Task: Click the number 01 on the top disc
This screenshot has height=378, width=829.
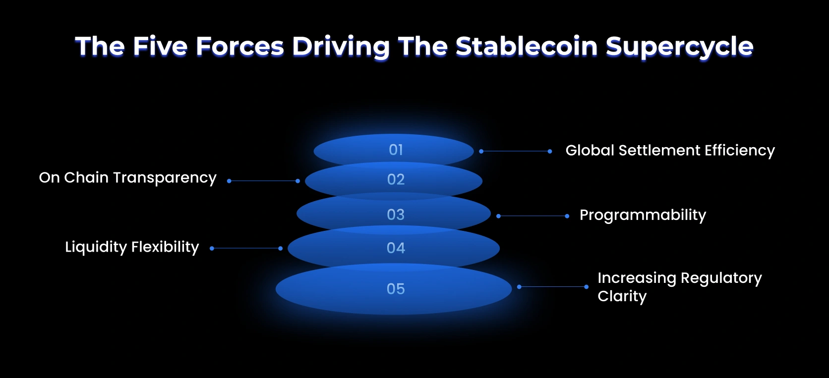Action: [396, 150]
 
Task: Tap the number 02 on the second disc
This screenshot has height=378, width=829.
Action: [396, 179]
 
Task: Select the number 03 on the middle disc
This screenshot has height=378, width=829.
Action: [396, 215]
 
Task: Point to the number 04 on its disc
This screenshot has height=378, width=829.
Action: [396, 248]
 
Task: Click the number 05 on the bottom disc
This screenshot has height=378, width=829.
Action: [396, 289]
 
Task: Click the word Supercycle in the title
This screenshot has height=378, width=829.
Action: [679, 47]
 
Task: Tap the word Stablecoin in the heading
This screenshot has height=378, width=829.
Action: [527, 47]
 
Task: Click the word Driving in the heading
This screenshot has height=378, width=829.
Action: [341, 47]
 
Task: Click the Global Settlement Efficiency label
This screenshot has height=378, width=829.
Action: [670, 150]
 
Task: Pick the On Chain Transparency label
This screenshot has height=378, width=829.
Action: [127, 177]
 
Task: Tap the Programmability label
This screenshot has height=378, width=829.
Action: [643, 215]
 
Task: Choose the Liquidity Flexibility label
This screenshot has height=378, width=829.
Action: [132, 247]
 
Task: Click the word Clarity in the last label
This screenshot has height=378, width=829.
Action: [622, 296]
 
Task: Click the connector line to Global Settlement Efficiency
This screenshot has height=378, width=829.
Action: [516, 151]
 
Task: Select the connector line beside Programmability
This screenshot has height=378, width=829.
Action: [533, 216]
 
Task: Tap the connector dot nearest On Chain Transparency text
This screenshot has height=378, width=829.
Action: [229, 181]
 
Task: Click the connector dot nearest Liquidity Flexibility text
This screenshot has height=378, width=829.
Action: [212, 248]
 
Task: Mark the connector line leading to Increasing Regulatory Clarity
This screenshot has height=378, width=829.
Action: [553, 286]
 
